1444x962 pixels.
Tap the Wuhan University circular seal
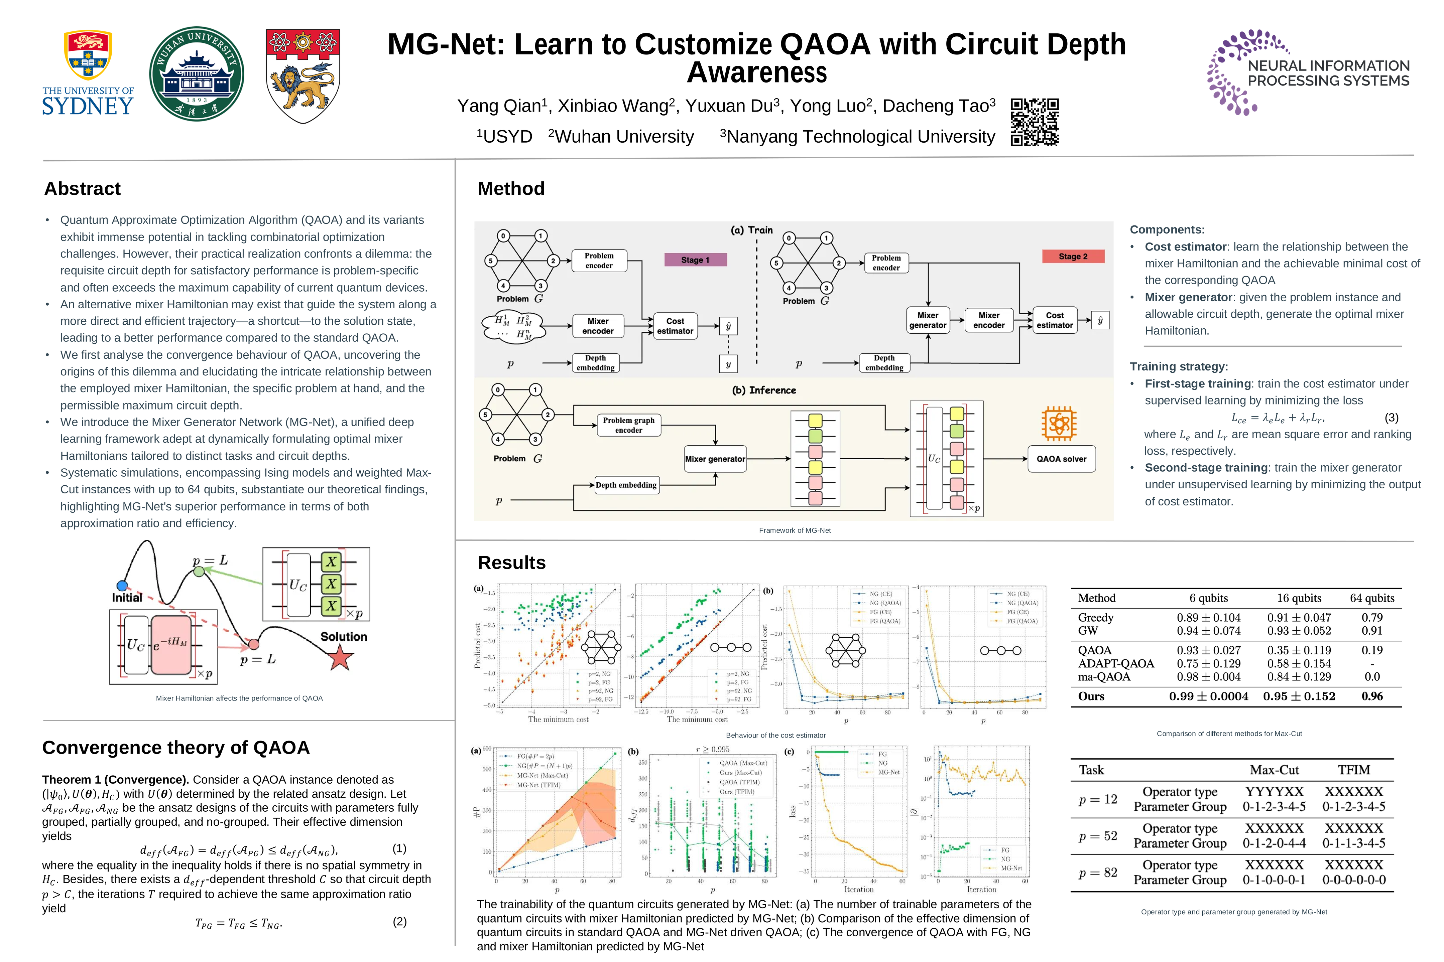[197, 73]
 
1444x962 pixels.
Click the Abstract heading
[82, 188]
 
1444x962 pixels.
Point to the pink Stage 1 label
[695, 260]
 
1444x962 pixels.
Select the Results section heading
[511, 563]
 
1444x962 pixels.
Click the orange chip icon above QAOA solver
[1059, 423]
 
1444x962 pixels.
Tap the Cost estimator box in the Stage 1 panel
[675, 326]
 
